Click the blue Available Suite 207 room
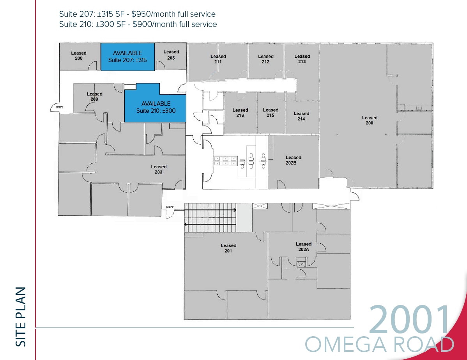127,57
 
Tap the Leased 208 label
79,55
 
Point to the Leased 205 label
171,55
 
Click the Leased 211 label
218,59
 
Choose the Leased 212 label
266,59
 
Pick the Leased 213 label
302,59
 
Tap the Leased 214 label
301,116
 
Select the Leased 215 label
271,112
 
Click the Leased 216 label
240,113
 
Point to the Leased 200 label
370,120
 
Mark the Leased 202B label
294,160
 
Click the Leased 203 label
159,169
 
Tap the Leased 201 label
228,248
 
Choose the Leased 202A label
304,247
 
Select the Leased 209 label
94,96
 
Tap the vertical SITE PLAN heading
21,316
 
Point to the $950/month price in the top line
152,14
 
